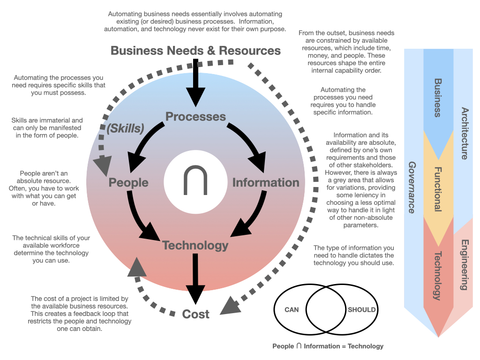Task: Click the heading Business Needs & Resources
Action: (195, 51)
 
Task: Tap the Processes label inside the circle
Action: (195, 117)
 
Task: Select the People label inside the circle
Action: (128, 182)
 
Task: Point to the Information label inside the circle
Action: (266, 182)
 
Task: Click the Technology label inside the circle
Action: (195, 246)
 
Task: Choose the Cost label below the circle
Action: (195, 314)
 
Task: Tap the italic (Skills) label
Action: (125, 128)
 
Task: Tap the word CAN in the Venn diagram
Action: (292, 310)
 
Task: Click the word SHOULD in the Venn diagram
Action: (361, 310)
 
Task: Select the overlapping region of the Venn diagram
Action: (326, 309)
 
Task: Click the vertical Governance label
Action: (412, 187)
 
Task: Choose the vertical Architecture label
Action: (465, 134)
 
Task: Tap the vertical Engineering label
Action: (465, 264)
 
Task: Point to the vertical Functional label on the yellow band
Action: (438, 189)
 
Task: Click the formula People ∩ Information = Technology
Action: (328, 346)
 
